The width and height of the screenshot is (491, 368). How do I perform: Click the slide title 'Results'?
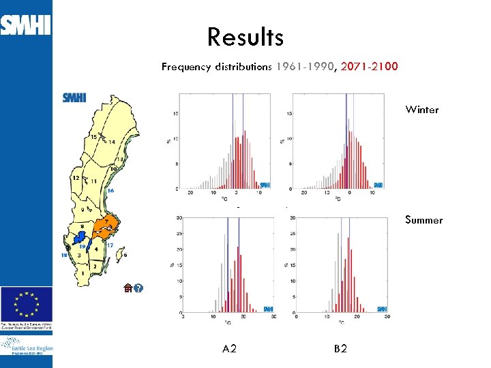(245, 37)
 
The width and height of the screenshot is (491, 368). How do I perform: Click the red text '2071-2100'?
(369, 67)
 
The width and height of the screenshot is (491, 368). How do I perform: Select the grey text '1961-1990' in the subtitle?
(305, 67)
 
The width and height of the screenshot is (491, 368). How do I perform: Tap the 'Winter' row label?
(422, 110)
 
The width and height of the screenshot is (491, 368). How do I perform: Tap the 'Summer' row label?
(423, 220)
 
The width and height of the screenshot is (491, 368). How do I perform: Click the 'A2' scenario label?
(230, 349)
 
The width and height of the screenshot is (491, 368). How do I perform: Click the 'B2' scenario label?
(341, 349)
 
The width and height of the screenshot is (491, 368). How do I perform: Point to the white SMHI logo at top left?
(25, 26)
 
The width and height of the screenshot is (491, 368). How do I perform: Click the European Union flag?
(26, 303)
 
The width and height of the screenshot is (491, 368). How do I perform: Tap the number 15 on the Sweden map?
(94, 137)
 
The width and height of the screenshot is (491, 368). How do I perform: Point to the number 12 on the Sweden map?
(76, 178)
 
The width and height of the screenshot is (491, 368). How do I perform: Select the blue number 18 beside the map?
(64, 255)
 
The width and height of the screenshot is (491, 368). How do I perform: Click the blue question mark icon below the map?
(139, 288)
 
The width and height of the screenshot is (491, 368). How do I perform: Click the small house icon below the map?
(128, 288)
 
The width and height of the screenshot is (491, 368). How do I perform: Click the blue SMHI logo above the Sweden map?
(74, 97)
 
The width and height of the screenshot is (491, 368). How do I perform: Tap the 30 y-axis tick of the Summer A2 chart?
(179, 218)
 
